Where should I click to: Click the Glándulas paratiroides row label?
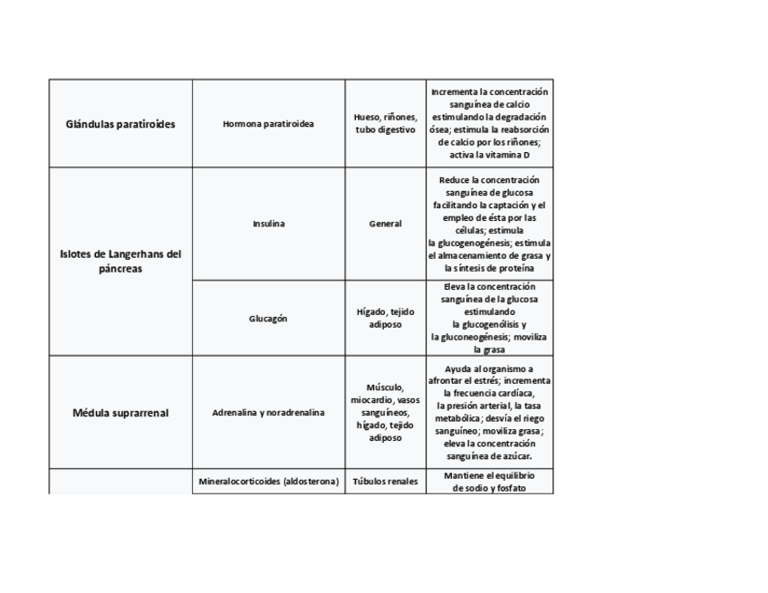[x=120, y=124]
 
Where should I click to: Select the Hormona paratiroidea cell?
[x=268, y=124]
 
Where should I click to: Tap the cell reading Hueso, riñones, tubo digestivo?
[x=385, y=124]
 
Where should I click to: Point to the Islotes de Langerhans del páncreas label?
[x=120, y=262]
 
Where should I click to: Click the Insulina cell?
[x=268, y=224]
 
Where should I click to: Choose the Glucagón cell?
[x=268, y=318]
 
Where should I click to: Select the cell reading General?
[x=385, y=224]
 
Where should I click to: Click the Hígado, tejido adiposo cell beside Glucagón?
[x=385, y=318]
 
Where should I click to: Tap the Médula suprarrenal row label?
[x=120, y=413]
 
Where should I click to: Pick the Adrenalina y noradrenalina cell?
[x=268, y=413]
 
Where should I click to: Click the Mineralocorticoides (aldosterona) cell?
[x=268, y=482]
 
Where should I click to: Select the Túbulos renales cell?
[x=385, y=482]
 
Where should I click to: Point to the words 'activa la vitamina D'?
[x=489, y=155]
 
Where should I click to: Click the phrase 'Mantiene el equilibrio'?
[x=489, y=475]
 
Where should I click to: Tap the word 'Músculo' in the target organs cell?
[x=385, y=387]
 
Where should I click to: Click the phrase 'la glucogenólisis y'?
[x=489, y=324]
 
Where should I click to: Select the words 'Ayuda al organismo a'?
[x=489, y=368]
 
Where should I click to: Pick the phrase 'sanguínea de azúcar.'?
[x=489, y=456]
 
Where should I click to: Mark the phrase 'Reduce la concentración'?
[x=489, y=180]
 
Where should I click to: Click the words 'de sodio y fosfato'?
[x=489, y=488]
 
